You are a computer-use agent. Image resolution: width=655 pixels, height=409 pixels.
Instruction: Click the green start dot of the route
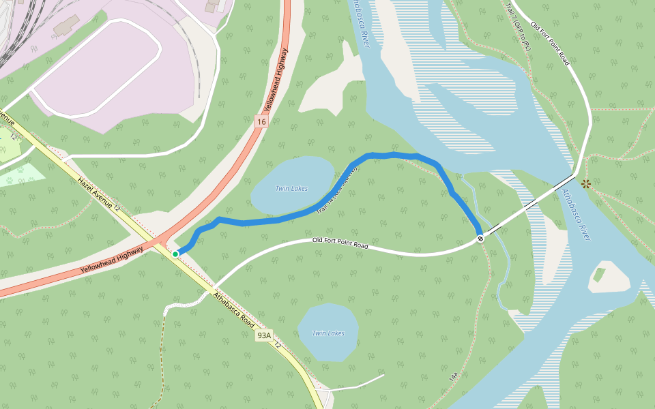(175, 254)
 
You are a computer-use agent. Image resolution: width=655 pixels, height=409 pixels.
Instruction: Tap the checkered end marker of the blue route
(481, 238)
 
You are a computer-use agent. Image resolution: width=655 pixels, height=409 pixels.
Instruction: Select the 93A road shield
(264, 335)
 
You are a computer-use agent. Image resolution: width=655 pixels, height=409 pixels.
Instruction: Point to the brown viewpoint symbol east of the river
(585, 183)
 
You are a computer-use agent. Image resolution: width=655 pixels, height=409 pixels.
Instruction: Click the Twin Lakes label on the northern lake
(291, 189)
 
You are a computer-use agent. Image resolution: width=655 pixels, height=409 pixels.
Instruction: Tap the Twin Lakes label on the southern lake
(327, 333)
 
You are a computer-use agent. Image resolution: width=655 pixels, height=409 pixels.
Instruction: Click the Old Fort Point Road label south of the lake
(340, 242)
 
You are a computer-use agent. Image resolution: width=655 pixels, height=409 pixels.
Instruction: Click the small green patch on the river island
(599, 275)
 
